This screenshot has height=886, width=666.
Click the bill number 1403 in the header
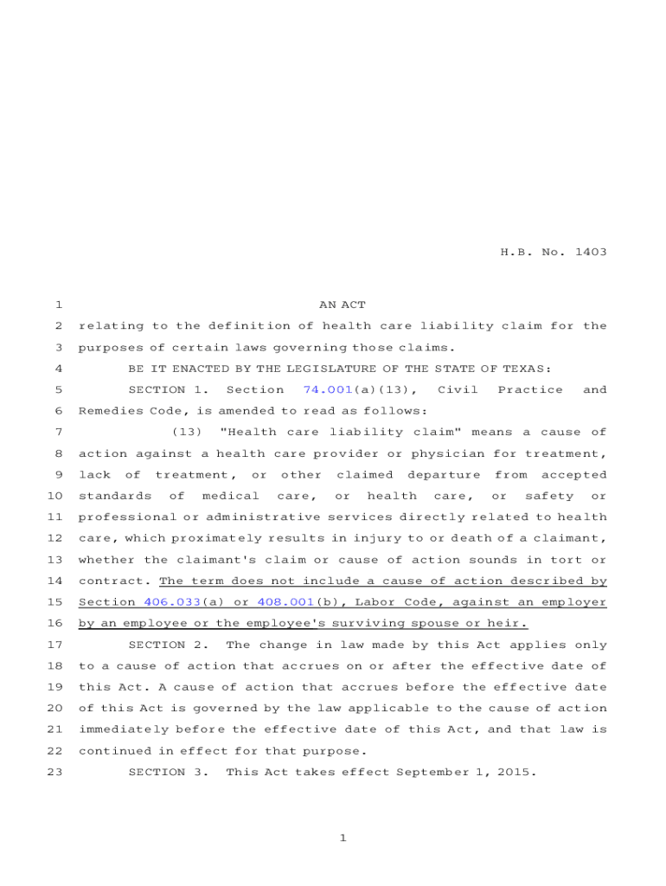588,253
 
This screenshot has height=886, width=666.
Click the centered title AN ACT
343,305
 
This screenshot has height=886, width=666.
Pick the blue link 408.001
285,602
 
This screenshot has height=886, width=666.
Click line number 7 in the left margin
57,433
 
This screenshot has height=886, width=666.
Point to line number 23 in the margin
54,772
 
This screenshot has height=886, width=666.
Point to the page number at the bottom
343,838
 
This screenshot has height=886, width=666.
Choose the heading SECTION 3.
168,772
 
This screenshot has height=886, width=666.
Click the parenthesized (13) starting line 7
187,433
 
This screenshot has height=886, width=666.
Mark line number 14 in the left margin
54,581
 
